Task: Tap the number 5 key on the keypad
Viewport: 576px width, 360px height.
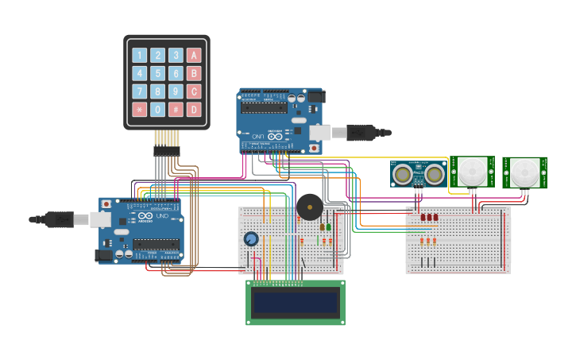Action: coord(157,73)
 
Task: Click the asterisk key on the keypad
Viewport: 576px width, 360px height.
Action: coord(139,109)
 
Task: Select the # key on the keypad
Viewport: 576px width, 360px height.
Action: coord(176,109)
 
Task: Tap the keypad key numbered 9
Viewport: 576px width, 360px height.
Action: coord(176,91)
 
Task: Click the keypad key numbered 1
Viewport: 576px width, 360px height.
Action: coord(139,56)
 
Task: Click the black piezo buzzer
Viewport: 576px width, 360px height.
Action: coord(309,207)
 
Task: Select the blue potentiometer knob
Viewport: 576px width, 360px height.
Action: coord(251,238)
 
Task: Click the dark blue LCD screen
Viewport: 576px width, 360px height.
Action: coord(296,302)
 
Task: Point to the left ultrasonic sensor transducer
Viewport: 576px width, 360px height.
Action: coord(404,172)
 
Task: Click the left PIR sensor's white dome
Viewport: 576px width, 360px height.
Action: coord(474,171)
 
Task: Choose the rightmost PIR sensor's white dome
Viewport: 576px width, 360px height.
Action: coord(524,172)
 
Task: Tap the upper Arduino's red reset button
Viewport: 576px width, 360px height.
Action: coord(313,148)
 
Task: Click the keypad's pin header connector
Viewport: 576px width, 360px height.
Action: coord(167,150)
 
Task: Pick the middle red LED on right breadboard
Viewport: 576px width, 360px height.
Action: coord(429,217)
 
